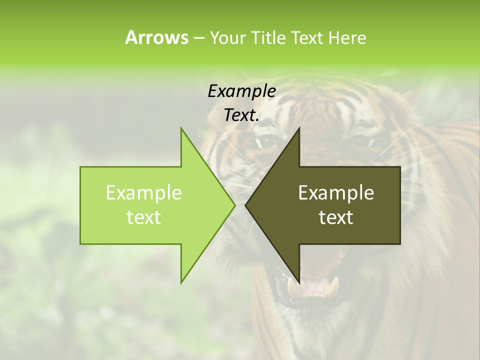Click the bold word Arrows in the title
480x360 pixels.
pos(156,37)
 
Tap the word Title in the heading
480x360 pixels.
pos(268,38)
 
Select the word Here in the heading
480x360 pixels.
pos(347,38)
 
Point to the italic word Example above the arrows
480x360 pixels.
pos(241,91)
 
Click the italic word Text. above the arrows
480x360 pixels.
pos(241,115)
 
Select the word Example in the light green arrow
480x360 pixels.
pos(144,193)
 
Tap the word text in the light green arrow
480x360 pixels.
pos(144,217)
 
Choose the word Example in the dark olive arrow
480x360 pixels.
pos(336,193)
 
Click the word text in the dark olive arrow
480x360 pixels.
pos(336,217)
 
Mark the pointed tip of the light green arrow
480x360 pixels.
pos(234,205)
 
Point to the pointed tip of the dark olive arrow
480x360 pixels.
pos(245,205)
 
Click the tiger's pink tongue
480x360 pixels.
pos(314,287)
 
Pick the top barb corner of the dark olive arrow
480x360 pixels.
pos(299,128)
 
